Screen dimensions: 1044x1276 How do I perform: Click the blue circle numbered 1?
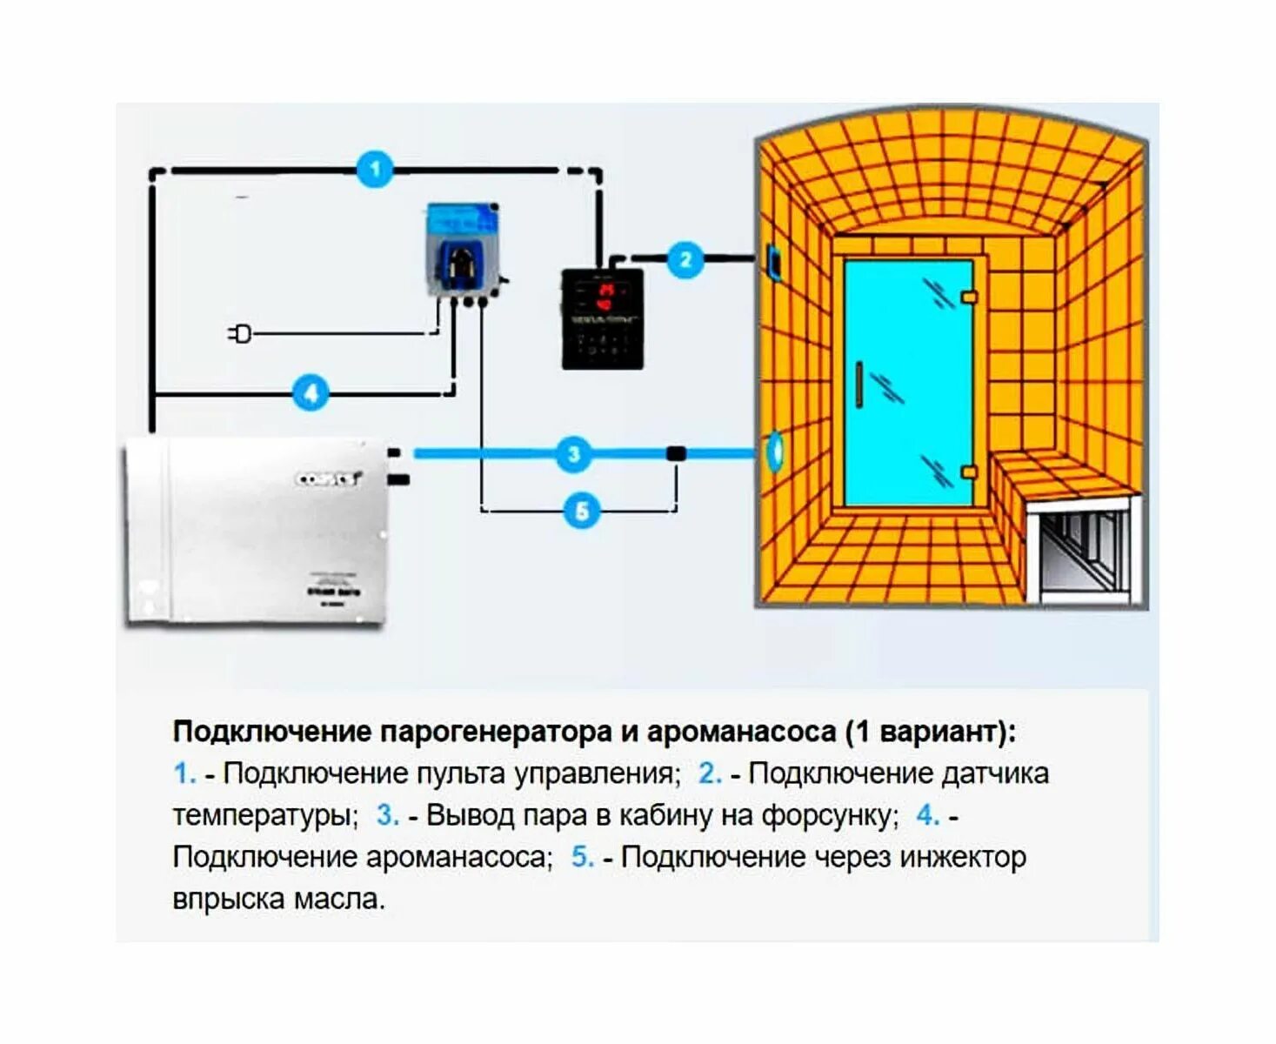click(x=375, y=169)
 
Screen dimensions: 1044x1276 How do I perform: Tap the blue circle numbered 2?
click(x=685, y=259)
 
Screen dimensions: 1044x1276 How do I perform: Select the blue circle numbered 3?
click(x=573, y=453)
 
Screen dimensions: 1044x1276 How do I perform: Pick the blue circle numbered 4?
click(x=311, y=392)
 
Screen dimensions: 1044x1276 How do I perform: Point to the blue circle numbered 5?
click(x=582, y=511)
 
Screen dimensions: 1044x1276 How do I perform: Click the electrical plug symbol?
click(x=240, y=333)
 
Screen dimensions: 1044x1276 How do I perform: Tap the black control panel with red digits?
click(x=603, y=319)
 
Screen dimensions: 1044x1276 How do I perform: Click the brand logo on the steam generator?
click(x=329, y=478)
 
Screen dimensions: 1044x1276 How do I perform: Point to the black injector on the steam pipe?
click(x=676, y=453)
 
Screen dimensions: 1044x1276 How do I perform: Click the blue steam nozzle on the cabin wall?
click(x=773, y=452)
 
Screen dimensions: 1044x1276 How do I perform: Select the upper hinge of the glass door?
click(x=969, y=298)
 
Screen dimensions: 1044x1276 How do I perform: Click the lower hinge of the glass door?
click(x=969, y=472)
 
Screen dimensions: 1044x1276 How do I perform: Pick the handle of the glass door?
click(x=858, y=384)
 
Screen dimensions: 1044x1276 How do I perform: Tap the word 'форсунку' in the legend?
click(x=830, y=815)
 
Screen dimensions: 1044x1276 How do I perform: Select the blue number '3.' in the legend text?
click(x=387, y=815)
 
